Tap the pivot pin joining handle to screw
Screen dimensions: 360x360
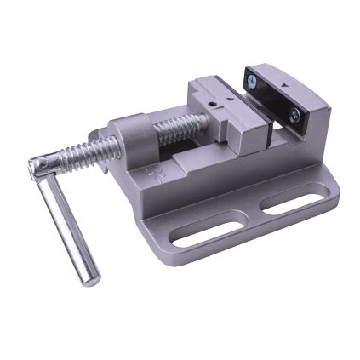[x=40, y=166]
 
